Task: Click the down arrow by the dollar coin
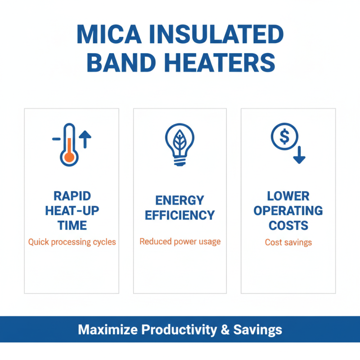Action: point(299,154)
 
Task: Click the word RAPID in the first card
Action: point(72,196)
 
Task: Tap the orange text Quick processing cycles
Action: point(72,242)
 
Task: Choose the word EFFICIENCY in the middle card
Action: point(180,215)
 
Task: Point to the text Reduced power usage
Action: point(180,242)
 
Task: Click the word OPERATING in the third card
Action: point(288,211)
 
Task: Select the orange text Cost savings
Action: point(288,243)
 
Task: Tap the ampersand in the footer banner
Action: point(225,330)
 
